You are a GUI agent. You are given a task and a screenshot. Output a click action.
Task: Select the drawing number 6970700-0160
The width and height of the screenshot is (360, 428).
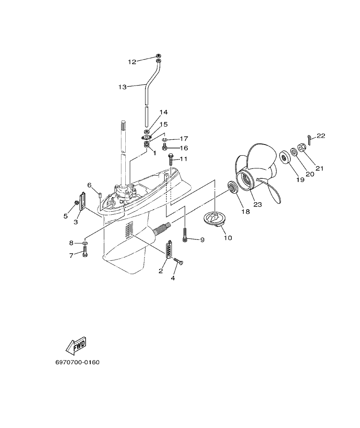coord(77,363)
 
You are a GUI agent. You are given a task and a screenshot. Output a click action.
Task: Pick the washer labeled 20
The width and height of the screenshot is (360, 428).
coord(294,151)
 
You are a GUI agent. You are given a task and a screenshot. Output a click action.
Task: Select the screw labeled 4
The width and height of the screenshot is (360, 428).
coord(177,261)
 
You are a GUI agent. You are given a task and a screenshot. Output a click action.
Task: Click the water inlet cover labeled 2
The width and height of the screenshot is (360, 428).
coord(170,249)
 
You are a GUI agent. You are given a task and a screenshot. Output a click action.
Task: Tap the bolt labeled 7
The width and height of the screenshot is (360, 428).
coord(85,254)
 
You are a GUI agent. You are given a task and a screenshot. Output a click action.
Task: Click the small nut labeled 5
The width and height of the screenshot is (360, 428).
coord(77,202)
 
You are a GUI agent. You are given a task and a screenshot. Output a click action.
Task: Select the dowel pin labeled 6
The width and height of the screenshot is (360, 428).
coord(100,195)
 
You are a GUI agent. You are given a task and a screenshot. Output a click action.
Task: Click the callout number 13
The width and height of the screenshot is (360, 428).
coord(122,87)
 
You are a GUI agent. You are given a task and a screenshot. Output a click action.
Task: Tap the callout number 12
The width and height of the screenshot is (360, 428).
coord(132,62)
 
